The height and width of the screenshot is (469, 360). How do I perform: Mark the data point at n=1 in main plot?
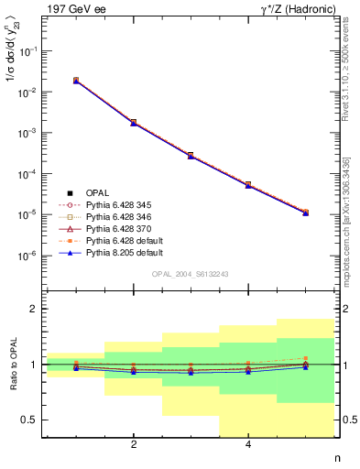click(x=76, y=81)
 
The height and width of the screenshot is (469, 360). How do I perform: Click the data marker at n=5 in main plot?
click(x=305, y=213)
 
